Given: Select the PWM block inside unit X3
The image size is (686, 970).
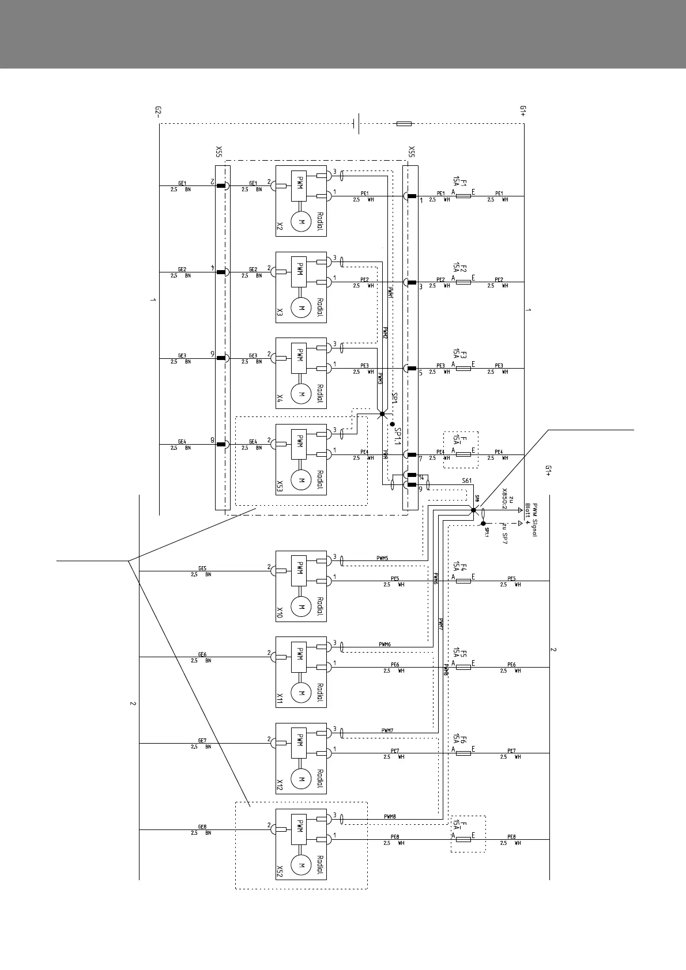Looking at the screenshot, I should click(300, 271).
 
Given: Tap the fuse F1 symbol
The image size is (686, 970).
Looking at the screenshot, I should click(463, 196).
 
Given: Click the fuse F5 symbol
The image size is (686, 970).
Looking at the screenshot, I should click(463, 667).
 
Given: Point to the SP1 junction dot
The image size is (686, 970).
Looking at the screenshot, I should click(382, 414).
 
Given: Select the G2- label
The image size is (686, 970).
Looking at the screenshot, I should click(159, 112).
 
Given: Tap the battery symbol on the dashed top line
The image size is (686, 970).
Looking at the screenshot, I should click(357, 123).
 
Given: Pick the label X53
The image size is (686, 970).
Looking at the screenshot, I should click(280, 487).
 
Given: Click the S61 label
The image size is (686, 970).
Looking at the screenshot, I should click(466, 480).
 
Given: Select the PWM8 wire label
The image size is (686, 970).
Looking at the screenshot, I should click(390, 816).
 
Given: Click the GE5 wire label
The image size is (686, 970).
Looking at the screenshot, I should click(202, 568).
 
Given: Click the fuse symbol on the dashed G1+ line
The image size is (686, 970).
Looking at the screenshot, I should click(405, 123).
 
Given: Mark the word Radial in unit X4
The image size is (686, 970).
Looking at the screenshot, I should click(320, 394).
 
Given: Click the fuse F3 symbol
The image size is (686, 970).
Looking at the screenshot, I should click(463, 368).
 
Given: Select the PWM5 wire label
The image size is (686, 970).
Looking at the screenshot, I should click(383, 558).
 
